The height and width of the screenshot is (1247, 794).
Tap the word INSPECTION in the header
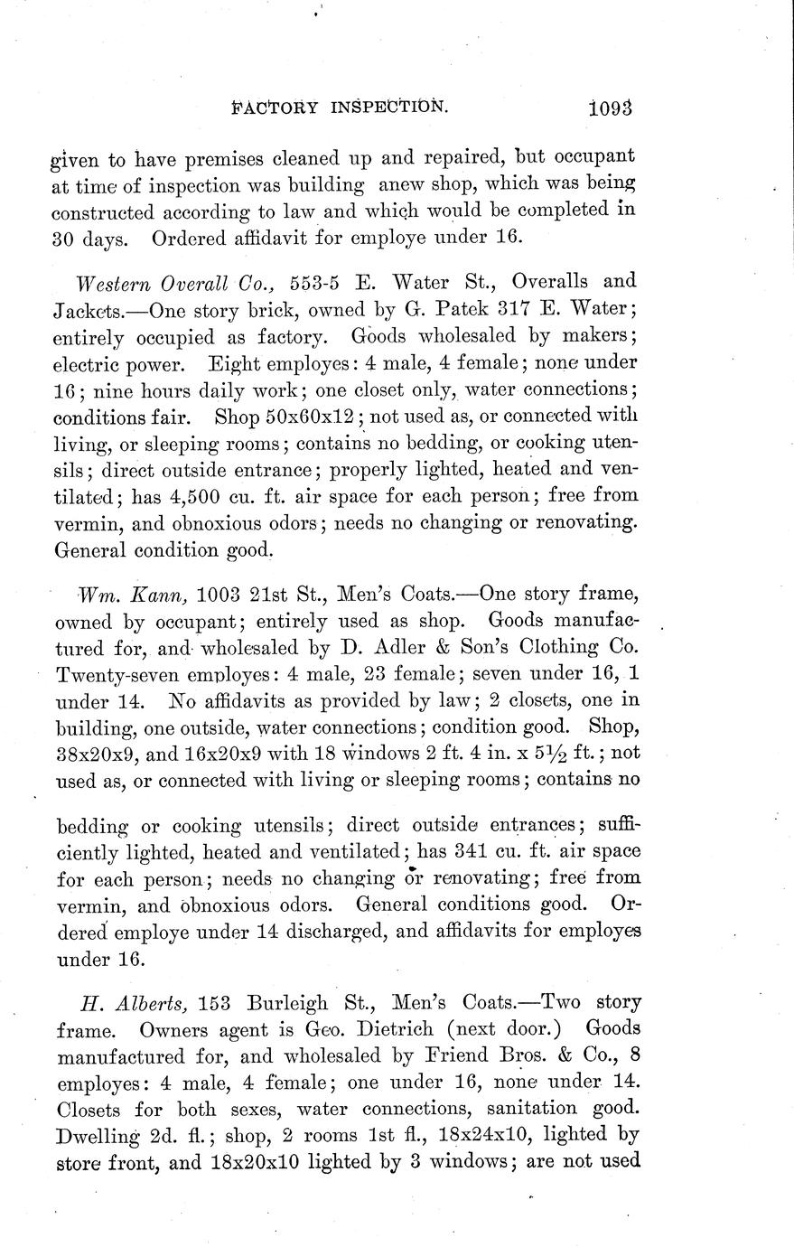pos(388,106)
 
